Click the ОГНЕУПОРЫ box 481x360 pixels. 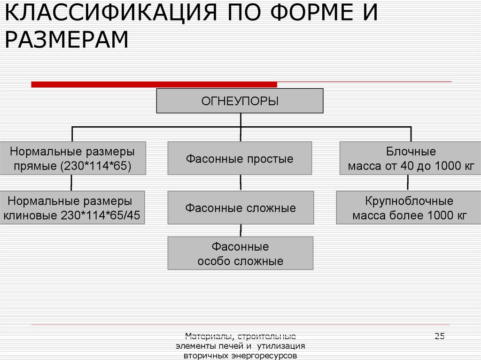click(x=240, y=101)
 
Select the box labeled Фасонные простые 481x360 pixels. click(x=240, y=159)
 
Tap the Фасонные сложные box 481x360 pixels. click(x=240, y=208)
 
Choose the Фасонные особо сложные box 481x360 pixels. click(x=240, y=253)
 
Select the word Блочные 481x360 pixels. click(x=411, y=152)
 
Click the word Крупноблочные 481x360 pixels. click(x=409, y=201)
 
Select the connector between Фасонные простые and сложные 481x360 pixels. click(x=240, y=183)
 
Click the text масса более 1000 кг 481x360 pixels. click(x=409, y=215)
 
